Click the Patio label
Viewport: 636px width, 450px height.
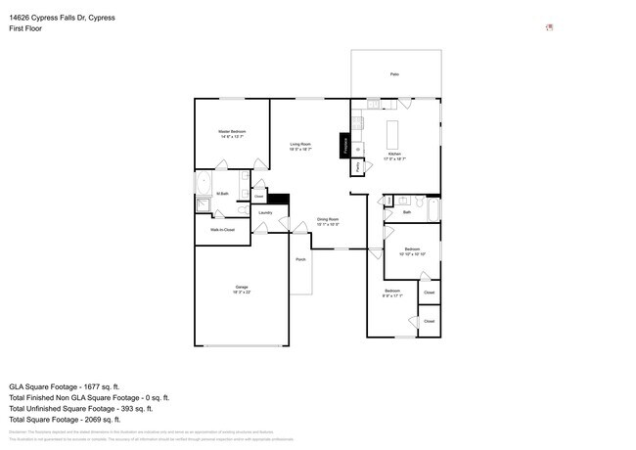pos(394,74)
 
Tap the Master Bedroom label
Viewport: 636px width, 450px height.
pos(231,131)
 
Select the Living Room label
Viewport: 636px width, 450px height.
pos(300,145)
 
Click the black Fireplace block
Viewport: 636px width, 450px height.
pos(344,145)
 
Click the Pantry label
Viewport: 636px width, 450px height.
pos(359,167)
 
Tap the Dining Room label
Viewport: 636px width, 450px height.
pos(328,219)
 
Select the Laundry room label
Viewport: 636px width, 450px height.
pos(265,212)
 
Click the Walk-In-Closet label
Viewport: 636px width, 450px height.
pos(222,230)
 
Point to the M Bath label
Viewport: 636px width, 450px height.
pos(223,194)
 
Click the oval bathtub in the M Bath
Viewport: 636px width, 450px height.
pos(204,183)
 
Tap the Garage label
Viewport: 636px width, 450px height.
pos(241,287)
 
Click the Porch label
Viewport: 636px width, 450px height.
pos(300,260)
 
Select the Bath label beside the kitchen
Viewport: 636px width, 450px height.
pos(406,211)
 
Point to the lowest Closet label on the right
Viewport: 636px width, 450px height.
pos(429,321)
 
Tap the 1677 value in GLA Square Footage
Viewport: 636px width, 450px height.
pos(98,387)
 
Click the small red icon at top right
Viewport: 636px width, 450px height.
pos(549,27)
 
